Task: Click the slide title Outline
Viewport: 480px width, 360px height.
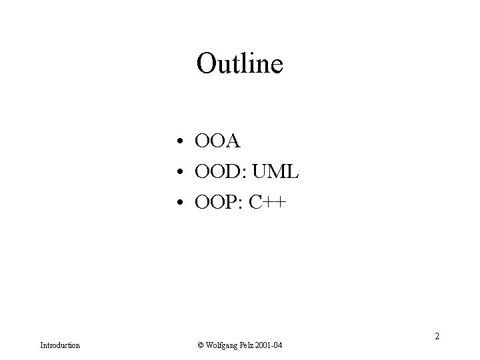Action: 240,64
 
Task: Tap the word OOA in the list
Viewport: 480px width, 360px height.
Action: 217,141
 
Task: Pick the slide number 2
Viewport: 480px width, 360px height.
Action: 437,337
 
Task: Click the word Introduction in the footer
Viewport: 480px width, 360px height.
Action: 60,345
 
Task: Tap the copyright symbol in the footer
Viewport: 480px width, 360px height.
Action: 200,345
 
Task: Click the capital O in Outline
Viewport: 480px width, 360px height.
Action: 207,64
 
